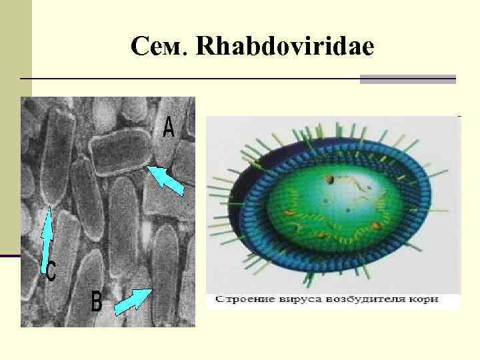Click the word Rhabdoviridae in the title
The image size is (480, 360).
[x=285, y=46]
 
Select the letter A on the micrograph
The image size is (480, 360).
[x=169, y=127]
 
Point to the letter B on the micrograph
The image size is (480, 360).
[x=97, y=302]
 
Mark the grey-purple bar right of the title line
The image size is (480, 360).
[x=407, y=79]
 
